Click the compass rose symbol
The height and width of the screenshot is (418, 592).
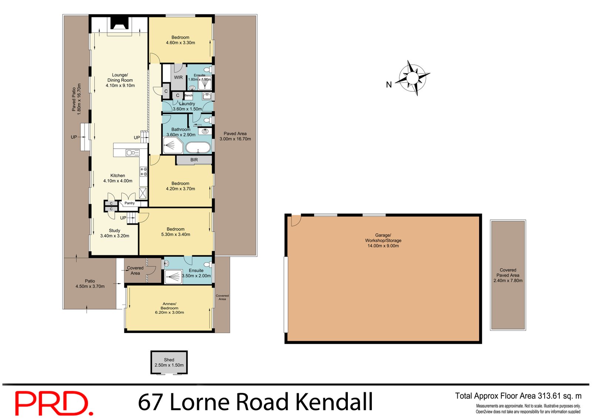[412, 78]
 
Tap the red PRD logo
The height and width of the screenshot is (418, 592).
[53, 403]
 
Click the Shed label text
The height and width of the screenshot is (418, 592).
[169, 360]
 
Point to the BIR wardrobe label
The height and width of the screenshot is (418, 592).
[194, 160]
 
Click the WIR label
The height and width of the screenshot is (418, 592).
[178, 77]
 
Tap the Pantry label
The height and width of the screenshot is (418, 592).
[129, 203]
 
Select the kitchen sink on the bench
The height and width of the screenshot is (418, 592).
[132, 152]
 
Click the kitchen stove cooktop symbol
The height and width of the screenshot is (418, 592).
[144, 171]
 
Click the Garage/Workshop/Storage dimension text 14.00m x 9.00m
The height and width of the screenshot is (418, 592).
[383, 246]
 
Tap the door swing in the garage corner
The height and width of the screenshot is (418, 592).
[295, 220]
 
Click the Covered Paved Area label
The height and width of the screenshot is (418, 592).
[508, 275]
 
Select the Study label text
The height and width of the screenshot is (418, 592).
[114, 230]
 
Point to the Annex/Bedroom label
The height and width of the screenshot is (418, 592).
[169, 306]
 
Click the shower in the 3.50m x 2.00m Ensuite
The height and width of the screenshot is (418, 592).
[173, 276]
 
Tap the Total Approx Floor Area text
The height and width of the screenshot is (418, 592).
[518, 396]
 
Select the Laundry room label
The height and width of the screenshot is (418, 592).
[187, 104]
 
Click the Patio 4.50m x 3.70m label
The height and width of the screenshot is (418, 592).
[90, 283]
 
